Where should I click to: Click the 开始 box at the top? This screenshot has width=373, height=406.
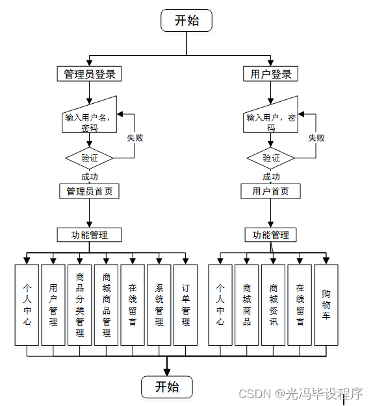click(186, 20)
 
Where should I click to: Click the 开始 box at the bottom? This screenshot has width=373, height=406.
click(167, 387)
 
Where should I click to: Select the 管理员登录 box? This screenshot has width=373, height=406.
click(90, 74)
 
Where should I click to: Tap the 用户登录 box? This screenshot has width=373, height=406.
click(271, 74)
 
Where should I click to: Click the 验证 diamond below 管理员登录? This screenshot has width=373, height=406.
click(90, 158)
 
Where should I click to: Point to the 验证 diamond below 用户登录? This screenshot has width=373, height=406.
click(271, 158)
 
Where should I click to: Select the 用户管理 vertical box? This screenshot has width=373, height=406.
click(53, 304)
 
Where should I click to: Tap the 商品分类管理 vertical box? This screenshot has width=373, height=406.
click(79, 304)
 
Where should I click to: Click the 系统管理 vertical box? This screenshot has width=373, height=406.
click(159, 304)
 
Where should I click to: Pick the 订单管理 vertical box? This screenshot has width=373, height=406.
click(186, 304)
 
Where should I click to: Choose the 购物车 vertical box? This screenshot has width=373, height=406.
click(326, 304)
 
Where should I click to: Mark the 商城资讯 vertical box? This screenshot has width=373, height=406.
click(273, 304)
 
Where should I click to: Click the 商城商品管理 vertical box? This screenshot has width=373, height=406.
click(106, 304)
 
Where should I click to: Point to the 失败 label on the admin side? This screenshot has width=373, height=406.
click(135, 137)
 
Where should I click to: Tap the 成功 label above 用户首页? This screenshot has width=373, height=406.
click(271, 176)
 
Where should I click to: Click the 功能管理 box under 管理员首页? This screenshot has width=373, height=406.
click(90, 234)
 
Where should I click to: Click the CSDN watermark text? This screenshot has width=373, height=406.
click(300, 393)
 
